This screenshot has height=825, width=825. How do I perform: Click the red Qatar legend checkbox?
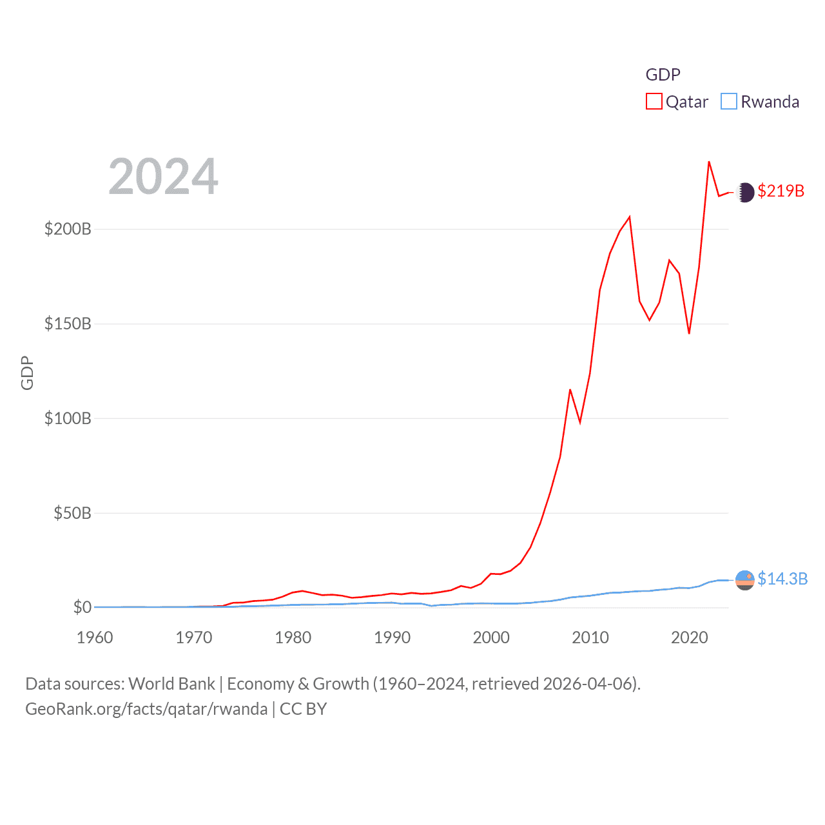click(x=654, y=102)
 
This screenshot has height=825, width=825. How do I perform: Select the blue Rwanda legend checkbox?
click(x=729, y=102)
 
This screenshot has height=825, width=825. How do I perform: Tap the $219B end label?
click(x=781, y=191)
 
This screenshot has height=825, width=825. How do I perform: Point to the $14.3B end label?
click(x=782, y=579)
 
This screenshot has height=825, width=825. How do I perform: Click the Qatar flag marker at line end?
click(x=745, y=192)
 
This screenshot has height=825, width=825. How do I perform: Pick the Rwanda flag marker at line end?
click(x=745, y=580)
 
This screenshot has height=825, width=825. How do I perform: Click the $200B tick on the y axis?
click(x=68, y=229)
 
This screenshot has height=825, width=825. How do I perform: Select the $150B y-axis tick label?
click(x=68, y=324)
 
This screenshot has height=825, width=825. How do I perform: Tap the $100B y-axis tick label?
click(x=68, y=418)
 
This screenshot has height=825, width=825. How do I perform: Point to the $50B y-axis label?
click(x=72, y=513)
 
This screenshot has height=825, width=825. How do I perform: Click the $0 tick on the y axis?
click(x=82, y=607)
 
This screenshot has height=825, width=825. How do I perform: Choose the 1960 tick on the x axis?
click(x=95, y=637)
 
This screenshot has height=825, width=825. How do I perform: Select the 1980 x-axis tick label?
click(x=293, y=637)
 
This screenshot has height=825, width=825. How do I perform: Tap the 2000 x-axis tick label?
click(x=491, y=637)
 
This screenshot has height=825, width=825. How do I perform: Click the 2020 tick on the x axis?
click(x=690, y=637)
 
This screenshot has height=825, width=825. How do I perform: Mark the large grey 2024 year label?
click(x=164, y=177)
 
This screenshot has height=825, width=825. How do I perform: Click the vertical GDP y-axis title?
click(x=27, y=373)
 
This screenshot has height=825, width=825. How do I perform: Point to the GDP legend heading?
click(x=663, y=75)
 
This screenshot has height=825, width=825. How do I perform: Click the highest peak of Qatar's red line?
click(x=709, y=162)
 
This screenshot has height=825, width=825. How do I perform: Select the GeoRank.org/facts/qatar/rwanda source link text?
click(x=146, y=709)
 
